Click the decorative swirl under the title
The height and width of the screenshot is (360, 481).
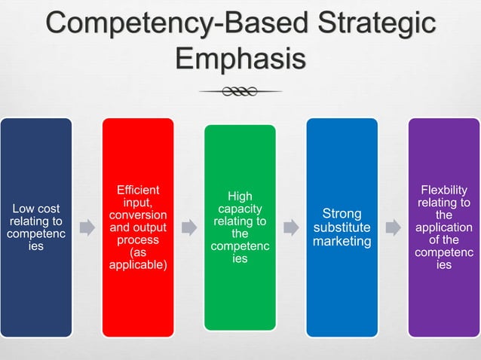coord(240,92)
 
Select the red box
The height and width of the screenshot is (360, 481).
coord(138,301)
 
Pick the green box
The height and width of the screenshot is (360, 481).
coord(240,301)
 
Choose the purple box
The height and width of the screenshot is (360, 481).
coord(443,301)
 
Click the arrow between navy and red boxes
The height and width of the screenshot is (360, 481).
coord(87,227)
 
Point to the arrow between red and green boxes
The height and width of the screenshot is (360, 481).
coord(189,227)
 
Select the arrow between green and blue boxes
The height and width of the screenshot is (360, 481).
coord(291,227)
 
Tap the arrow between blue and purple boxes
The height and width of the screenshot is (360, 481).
coord(393,227)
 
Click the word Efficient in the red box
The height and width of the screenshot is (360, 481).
coord(138,191)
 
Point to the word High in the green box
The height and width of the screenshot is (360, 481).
coord(240,196)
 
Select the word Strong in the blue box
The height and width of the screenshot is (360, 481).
coord(342,214)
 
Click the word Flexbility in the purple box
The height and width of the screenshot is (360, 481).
coord(443,191)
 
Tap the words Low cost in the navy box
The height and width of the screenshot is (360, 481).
coord(36,209)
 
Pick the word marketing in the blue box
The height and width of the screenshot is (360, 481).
coord(342,241)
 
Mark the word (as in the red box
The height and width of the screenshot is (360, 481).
coord(138,253)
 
